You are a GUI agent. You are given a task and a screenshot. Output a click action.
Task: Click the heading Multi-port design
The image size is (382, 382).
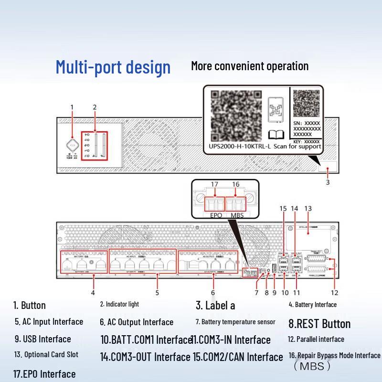[113, 67]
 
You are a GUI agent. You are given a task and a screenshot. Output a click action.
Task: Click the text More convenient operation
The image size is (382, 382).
[250, 66]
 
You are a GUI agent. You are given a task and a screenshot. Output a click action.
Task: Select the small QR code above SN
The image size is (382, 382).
[306, 103]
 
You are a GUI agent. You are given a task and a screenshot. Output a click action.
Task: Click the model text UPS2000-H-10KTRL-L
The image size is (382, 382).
[238, 147]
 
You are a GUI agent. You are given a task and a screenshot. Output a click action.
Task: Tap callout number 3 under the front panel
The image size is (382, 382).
[328, 182]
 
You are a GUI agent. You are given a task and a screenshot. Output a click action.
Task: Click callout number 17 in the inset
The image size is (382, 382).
[214, 184]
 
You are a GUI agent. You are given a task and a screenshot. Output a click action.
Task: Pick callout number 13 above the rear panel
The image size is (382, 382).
[308, 209]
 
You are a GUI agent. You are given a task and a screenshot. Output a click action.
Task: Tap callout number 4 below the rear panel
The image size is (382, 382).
[93, 292]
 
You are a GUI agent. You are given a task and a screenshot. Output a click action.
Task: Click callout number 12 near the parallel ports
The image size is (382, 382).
[335, 292]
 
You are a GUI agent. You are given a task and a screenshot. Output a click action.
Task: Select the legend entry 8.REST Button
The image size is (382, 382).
[319, 324]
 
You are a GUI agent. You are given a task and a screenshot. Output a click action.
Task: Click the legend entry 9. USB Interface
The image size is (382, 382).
[42, 339]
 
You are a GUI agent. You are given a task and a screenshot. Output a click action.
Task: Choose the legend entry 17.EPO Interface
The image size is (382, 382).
[44, 373]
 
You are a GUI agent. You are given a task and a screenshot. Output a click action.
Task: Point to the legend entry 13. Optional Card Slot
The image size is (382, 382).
[46, 354]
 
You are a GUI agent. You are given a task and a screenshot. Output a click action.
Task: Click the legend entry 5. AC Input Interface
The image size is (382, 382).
[49, 322]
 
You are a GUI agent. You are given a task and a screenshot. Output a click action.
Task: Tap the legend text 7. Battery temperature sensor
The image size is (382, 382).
[235, 322]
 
